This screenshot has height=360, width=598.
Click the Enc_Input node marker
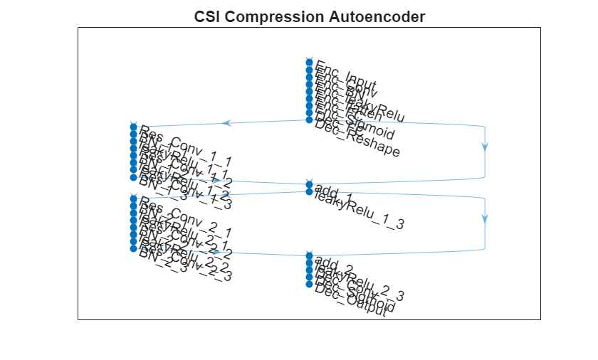point(309,63)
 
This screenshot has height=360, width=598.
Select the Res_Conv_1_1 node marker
point(133,127)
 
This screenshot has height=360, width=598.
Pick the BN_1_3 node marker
point(133,177)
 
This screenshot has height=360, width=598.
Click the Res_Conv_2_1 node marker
point(133,198)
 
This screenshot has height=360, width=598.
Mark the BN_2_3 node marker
point(133,249)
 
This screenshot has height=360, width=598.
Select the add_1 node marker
point(309,184)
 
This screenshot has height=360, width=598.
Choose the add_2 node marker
point(309,255)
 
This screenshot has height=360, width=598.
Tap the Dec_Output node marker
point(309,284)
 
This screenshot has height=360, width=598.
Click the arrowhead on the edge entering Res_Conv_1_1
point(226,123)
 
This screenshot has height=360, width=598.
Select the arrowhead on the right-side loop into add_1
point(485,147)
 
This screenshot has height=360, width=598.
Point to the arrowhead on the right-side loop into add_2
point(485,218)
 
